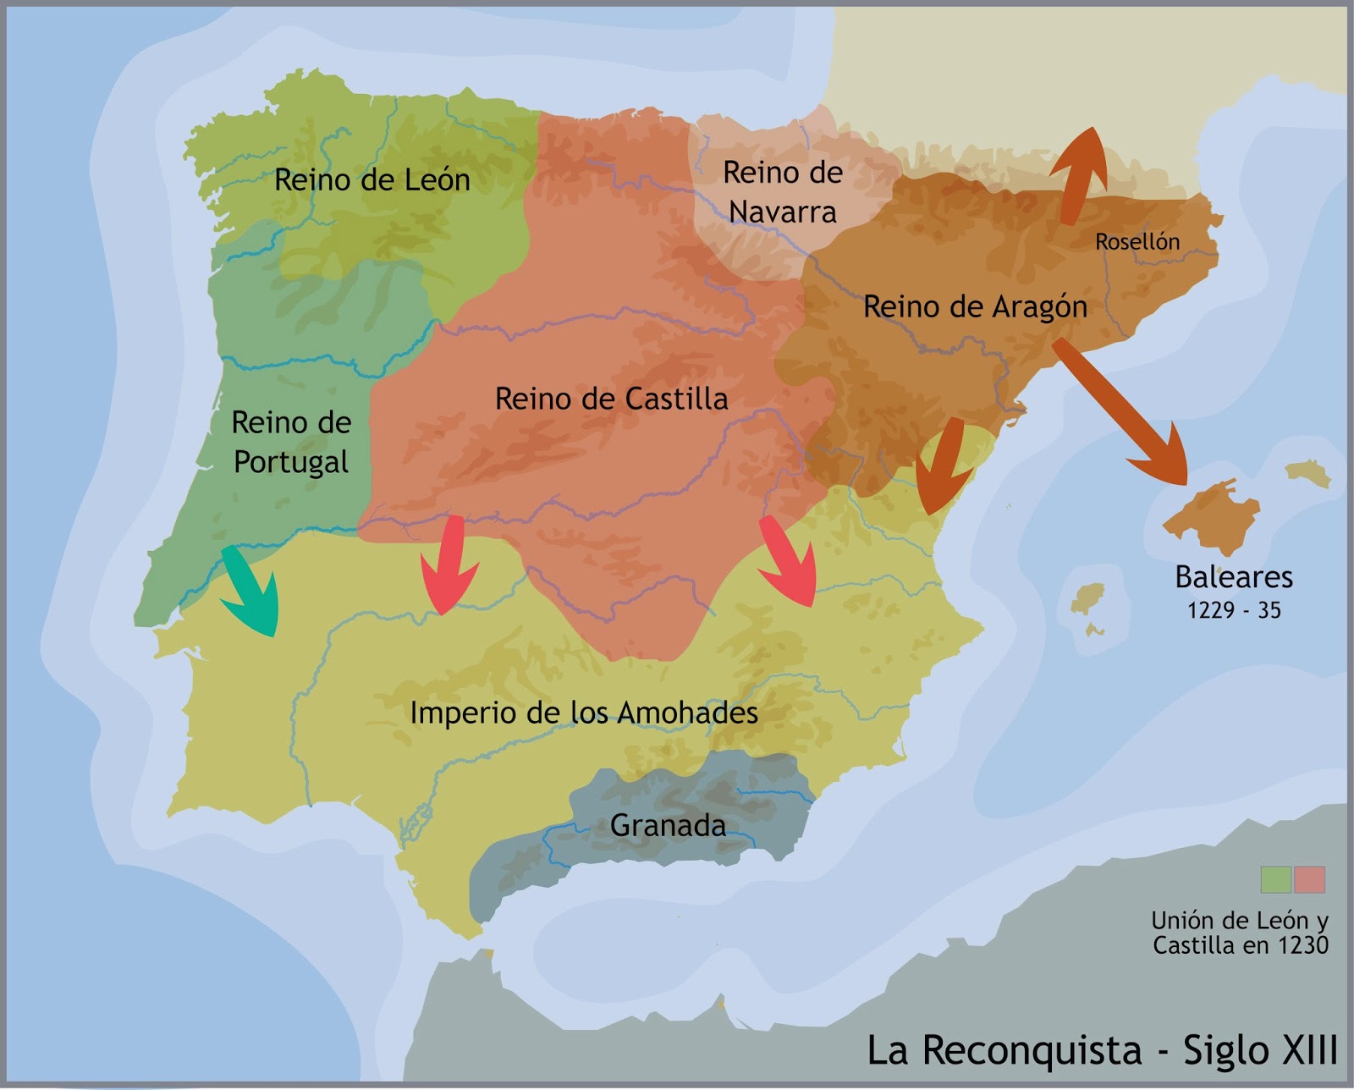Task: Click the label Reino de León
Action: (x=372, y=180)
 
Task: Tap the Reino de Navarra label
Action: (x=783, y=192)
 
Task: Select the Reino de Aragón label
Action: (x=975, y=306)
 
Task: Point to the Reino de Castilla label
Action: (x=611, y=399)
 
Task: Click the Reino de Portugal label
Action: (x=291, y=442)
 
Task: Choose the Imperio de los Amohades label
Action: (x=584, y=713)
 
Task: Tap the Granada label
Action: (x=668, y=825)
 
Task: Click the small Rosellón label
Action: (x=1137, y=242)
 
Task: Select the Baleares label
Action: (x=1234, y=577)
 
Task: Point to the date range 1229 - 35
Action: (x=1234, y=610)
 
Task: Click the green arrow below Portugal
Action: (x=250, y=592)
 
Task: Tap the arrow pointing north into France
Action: (x=1080, y=173)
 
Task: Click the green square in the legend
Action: (x=1275, y=879)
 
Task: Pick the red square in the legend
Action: (x=1309, y=879)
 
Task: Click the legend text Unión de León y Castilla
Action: (x=1240, y=933)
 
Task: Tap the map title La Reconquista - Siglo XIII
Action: (x=1102, y=1050)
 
